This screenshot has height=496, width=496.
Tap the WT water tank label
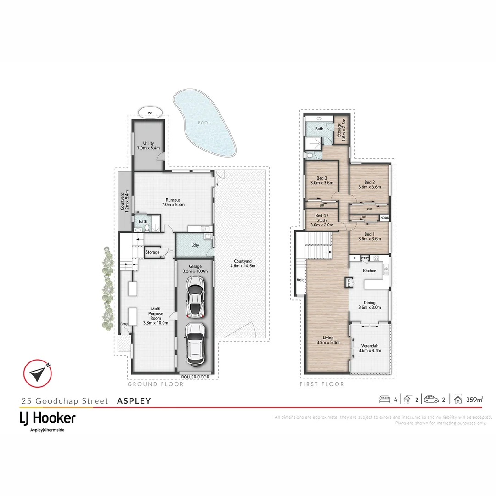150,113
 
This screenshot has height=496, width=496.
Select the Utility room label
148,146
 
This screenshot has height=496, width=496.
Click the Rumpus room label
173,202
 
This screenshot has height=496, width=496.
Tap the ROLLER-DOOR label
195,376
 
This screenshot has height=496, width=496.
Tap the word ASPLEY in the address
134,401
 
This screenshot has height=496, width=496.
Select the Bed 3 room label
321,180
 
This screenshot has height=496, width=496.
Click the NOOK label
384,218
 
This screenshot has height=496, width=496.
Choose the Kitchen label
369,271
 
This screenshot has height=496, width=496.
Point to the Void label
300,279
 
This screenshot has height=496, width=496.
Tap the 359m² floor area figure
474,399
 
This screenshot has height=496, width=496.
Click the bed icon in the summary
384,399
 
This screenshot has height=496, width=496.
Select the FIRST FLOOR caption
321,384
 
